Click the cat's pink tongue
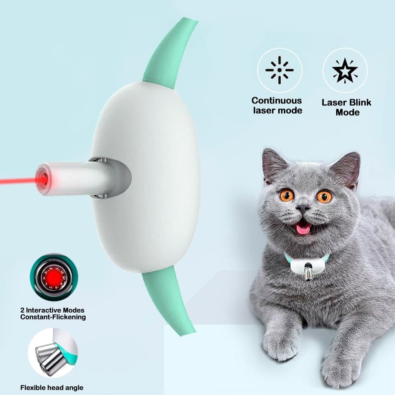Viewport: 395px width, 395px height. click(303, 228)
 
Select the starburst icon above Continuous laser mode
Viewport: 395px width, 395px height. click(279, 70)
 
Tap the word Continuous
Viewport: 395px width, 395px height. click(276, 101)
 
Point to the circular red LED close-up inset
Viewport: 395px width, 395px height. click(54, 277)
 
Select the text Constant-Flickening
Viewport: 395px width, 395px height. click(53, 317)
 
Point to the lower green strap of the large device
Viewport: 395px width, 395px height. click(168, 300)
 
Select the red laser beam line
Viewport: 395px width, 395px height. click(16, 182)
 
